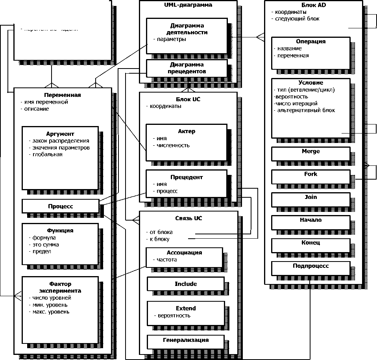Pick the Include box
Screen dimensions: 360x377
pyautogui.click(x=186, y=284)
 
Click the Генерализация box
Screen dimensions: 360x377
pyautogui.click(x=186, y=340)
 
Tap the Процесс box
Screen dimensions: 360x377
pyautogui.click(x=61, y=206)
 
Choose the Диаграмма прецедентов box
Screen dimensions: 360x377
pyautogui.click(x=187, y=68)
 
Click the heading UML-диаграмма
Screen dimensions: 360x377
pyautogui.click(x=188, y=6)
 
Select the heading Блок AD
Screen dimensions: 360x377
pyautogui.click(x=313, y=6)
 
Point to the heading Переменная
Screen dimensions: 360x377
pyautogui.click(x=63, y=95)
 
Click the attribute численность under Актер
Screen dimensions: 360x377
pyautogui.click(x=173, y=145)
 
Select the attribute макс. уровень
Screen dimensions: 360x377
pyautogui.click(x=51, y=312)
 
